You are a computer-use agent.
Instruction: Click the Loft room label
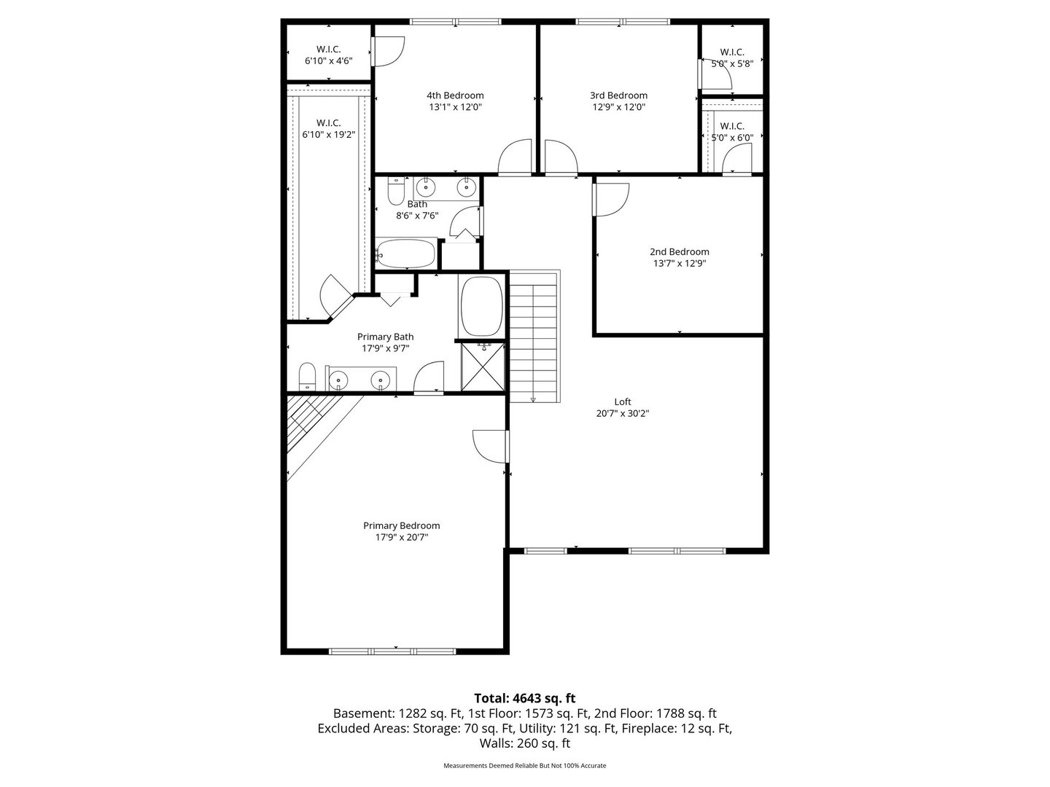click(x=623, y=402)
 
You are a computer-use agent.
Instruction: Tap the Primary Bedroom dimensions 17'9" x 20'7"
click(x=401, y=537)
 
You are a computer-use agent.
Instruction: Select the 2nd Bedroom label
click(x=680, y=251)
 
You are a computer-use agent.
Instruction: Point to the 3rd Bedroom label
click(x=618, y=95)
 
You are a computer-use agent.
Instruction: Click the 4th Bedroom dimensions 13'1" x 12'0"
click(x=455, y=107)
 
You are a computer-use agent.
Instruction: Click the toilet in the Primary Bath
click(x=308, y=376)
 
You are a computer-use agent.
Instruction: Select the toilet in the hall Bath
click(x=396, y=191)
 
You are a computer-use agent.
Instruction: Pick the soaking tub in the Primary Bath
click(x=481, y=306)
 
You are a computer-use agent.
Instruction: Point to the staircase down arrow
click(x=533, y=399)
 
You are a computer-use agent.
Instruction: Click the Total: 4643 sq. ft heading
click(x=525, y=698)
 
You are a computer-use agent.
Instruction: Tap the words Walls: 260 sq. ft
click(x=525, y=743)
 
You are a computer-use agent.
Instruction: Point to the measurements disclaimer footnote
click(x=525, y=765)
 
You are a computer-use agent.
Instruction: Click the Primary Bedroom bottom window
click(x=392, y=651)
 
